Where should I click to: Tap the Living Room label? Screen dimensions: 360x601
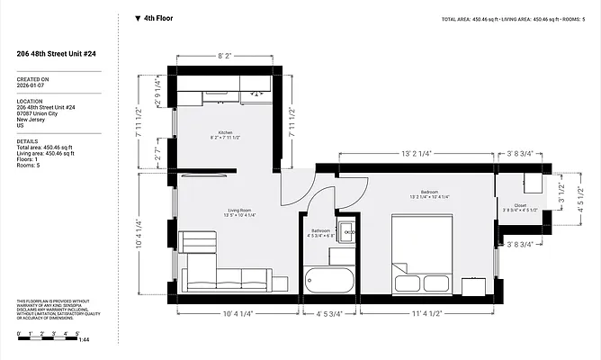click(238, 211)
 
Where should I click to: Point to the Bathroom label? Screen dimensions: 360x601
click(321, 230)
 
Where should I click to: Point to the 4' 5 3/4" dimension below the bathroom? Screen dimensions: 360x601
click(329, 313)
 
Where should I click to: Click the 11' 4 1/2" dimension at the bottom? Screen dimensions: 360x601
click(426, 313)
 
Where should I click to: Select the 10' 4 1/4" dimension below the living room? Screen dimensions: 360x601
click(237, 313)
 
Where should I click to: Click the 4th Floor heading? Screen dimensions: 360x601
click(158, 17)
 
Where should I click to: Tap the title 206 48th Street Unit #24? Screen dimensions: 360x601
click(56, 53)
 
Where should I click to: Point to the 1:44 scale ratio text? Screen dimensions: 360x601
click(85, 339)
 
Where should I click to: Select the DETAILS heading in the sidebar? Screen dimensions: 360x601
click(27, 141)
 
